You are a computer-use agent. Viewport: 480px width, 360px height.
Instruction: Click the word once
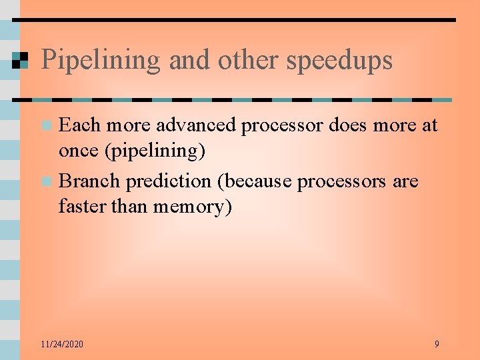click(x=78, y=151)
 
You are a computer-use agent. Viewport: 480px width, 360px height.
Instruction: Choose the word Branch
click(x=89, y=181)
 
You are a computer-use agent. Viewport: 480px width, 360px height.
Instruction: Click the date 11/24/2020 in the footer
click(x=62, y=344)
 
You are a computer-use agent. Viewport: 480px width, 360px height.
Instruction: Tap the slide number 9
click(x=437, y=344)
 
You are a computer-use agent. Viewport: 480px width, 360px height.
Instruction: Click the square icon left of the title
click(x=20, y=61)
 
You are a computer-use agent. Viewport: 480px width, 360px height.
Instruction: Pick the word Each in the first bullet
click(x=80, y=125)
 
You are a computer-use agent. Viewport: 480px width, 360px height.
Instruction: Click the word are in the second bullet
click(x=405, y=181)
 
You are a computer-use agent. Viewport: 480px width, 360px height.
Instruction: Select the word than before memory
click(x=129, y=207)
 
